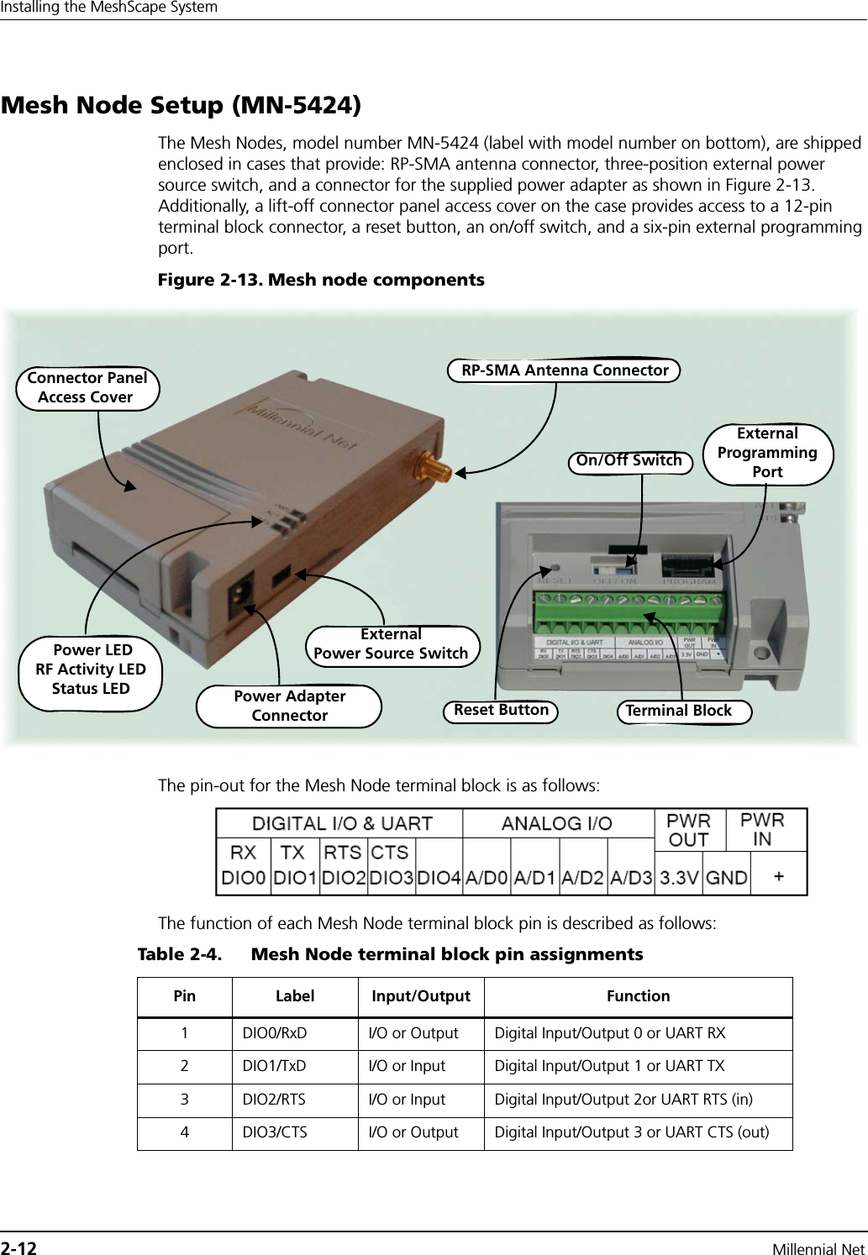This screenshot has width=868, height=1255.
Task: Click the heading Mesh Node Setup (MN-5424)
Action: (x=181, y=107)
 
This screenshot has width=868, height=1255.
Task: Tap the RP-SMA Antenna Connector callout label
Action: (x=564, y=370)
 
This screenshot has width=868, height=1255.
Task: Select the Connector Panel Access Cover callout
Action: (x=87, y=387)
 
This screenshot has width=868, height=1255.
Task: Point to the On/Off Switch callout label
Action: (x=629, y=459)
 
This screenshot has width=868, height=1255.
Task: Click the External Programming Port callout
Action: (x=766, y=453)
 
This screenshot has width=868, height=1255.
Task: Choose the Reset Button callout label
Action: (x=501, y=711)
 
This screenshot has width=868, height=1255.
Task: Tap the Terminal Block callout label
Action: (x=678, y=711)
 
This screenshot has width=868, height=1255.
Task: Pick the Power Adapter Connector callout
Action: (x=289, y=706)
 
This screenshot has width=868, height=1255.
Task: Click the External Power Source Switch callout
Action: (x=391, y=644)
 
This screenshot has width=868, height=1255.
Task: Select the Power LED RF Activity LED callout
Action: (x=91, y=669)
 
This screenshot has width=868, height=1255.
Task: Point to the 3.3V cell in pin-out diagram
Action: (x=679, y=878)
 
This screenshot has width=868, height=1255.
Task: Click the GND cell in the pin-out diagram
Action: (x=727, y=878)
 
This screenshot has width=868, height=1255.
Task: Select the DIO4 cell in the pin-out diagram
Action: (x=439, y=878)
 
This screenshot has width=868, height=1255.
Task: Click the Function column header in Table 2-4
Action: (x=638, y=996)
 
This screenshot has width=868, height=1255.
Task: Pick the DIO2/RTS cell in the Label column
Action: (x=274, y=1100)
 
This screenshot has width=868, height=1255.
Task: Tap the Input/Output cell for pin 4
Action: (x=413, y=1132)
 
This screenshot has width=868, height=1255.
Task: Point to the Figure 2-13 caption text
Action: (x=321, y=280)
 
